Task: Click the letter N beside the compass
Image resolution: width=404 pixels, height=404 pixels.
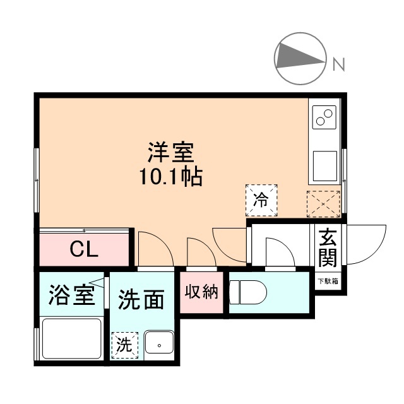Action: tap(339, 64)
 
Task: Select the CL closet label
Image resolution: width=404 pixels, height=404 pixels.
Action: tap(83, 250)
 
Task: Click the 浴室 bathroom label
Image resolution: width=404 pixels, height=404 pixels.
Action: tap(71, 295)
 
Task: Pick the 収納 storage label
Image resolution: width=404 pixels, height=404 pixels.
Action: tap(201, 292)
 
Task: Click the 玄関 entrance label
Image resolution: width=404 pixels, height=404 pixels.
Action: tap(327, 247)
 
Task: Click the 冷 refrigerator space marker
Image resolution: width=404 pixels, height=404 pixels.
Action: tap(261, 201)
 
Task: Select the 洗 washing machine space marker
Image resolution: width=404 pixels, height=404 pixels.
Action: tap(125, 345)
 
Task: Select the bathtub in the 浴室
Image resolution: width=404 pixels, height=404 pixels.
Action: tap(71, 340)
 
